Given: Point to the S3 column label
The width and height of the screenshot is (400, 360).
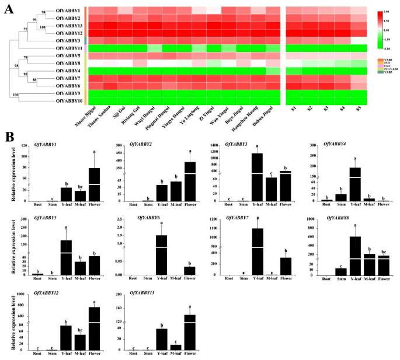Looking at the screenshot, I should [325, 109].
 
